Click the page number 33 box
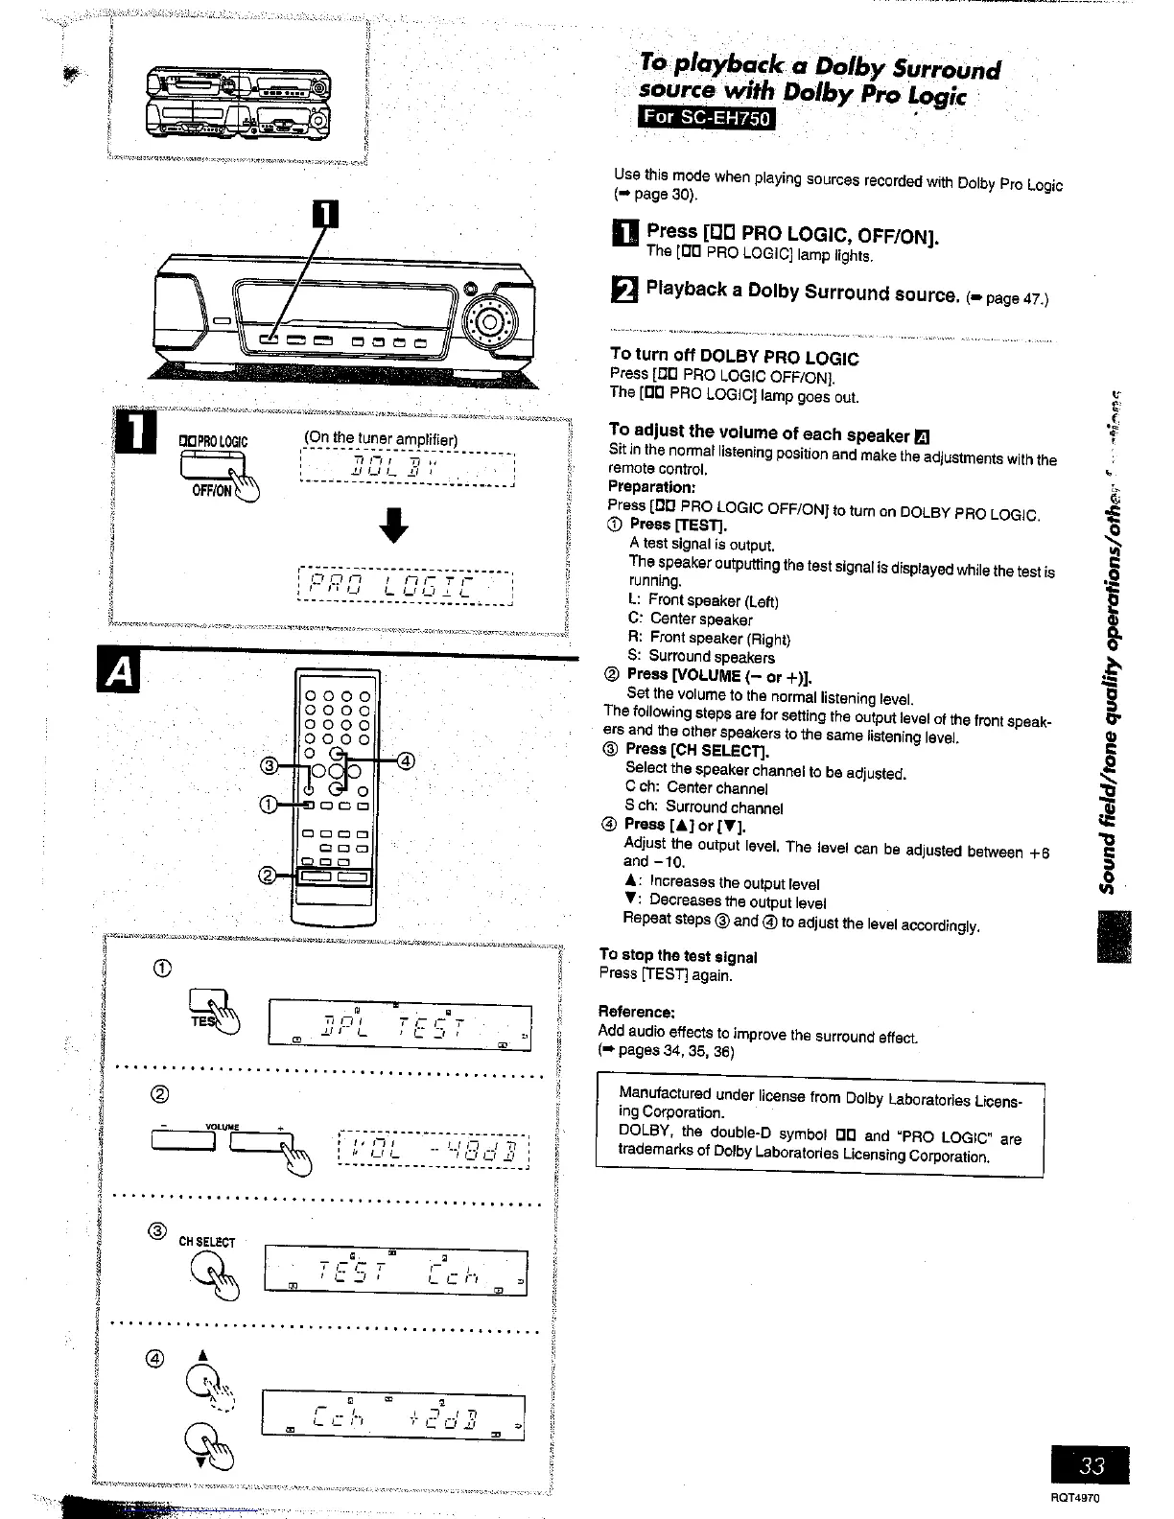(1089, 1464)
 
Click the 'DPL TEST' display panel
(400, 1026)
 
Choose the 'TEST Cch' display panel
(394, 1273)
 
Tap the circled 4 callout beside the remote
(406, 761)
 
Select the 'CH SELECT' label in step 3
(206, 1242)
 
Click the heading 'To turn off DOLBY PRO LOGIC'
(734, 358)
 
